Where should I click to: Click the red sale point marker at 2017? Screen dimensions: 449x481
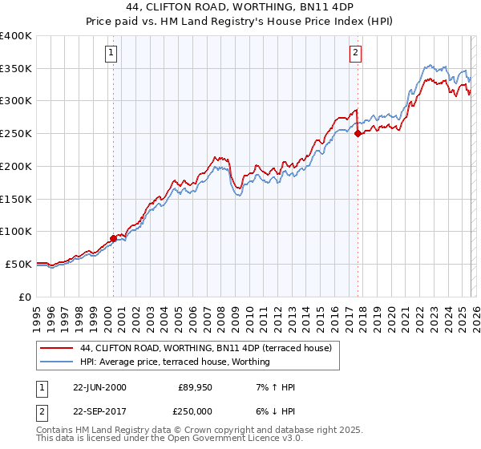[358, 134]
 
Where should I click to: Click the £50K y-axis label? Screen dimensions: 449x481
[18, 264]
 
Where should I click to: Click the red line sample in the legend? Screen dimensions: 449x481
[56, 348]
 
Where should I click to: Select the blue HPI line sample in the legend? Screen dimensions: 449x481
[56, 362]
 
